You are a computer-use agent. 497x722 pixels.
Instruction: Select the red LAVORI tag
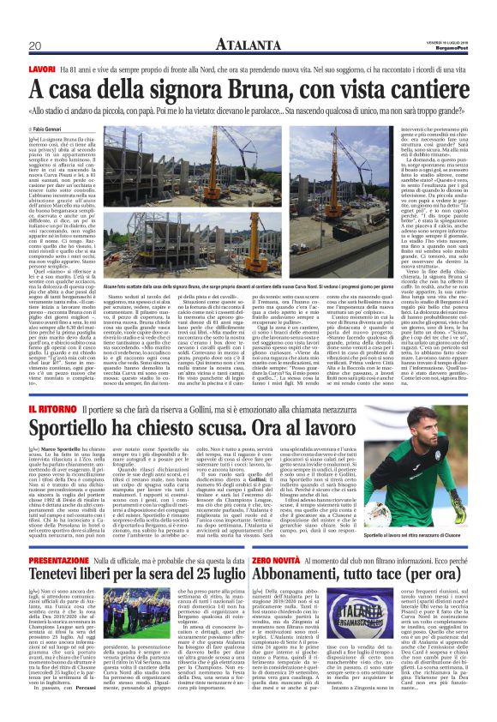pos(43,68)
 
